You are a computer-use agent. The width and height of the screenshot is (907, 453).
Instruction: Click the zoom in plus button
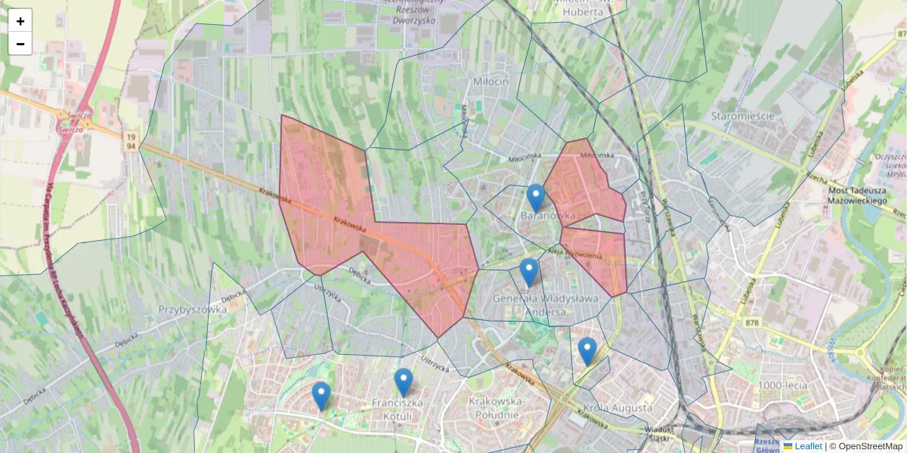tap(20, 21)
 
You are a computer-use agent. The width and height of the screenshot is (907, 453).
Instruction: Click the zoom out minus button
tap(20, 44)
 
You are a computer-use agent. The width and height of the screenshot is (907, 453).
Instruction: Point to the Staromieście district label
tap(743, 116)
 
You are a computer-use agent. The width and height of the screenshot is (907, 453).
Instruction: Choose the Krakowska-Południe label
tap(494, 408)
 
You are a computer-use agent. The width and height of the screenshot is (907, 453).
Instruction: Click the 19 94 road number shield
tap(132, 140)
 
